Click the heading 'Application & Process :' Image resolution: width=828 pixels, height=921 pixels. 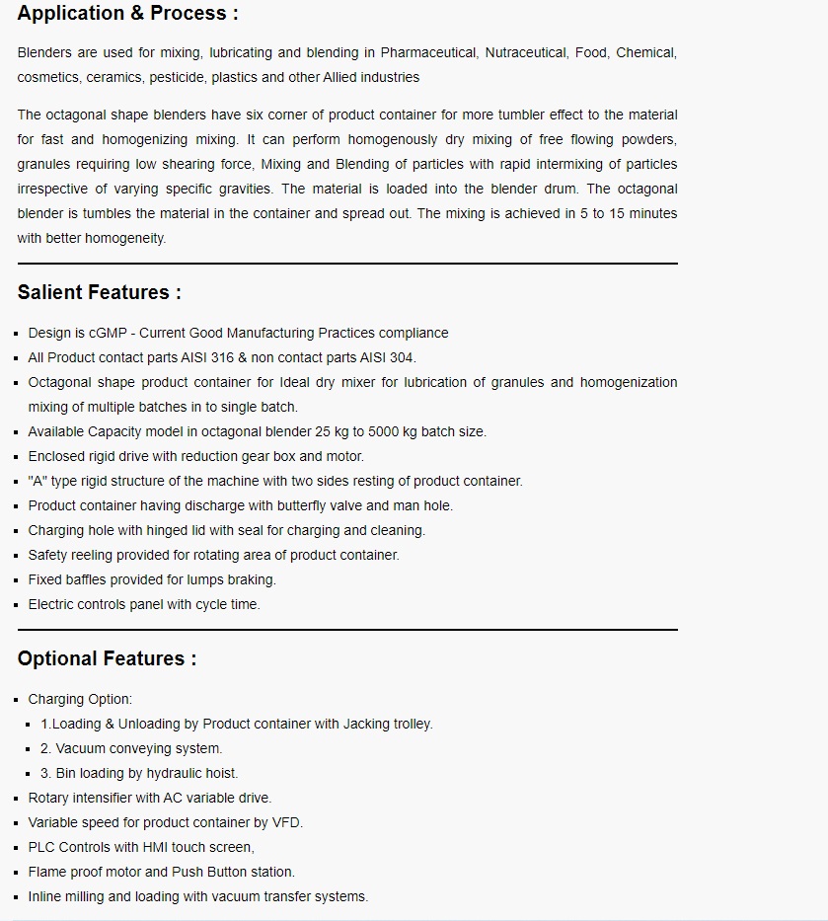[127, 14]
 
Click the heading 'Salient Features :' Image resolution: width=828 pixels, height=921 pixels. [100, 292]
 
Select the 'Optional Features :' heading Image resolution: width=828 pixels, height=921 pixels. [107, 658]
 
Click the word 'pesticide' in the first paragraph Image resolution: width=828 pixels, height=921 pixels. [179, 77]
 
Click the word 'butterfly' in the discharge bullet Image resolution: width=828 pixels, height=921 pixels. [304, 505]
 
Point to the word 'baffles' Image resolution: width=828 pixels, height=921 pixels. [88, 579]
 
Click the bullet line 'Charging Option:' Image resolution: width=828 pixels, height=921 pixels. [80, 699]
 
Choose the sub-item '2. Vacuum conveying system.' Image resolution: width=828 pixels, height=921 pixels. [131, 748]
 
